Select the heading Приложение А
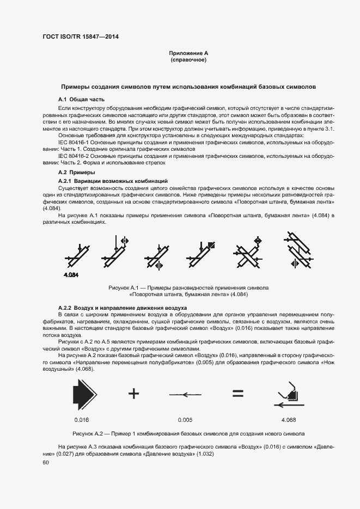pyautogui.click(x=188, y=53)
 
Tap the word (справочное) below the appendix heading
pyautogui.click(x=188, y=60)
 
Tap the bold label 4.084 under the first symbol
pyautogui.click(x=71, y=275)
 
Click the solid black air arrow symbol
pyautogui.click(x=85, y=393)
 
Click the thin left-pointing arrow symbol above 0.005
pyautogui.click(x=185, y=394)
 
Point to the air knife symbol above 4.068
pyautogui.click(x=288, y=394)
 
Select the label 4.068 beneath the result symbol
pyautogui.click(x=289, y=420)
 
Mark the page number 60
pyautogui.click(x=46, y=462)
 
